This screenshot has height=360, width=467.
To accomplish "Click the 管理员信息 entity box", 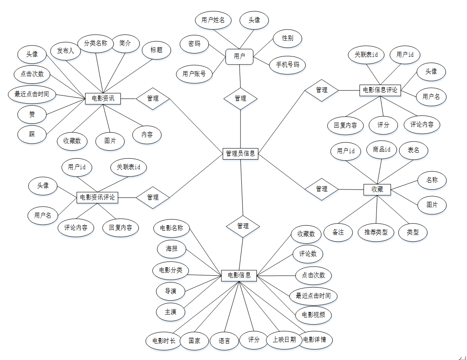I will pos(240,154).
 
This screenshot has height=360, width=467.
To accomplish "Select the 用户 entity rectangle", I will pos(239,56).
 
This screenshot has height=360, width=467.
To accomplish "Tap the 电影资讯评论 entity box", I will pos(97,197).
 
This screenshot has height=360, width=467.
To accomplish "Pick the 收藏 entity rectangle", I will pos(377,189).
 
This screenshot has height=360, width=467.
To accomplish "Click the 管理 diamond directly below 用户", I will pos(240,98).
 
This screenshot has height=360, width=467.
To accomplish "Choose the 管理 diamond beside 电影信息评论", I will pos(322,90).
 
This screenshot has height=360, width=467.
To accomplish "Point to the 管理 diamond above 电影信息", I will pos(243,226).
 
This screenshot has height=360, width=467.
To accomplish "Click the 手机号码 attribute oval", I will pos(288,65).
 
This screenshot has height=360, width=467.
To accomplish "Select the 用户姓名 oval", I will pos(213,20).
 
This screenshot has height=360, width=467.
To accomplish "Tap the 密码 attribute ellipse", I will pos(195,43).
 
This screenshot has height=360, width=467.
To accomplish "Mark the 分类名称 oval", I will pos(96,43).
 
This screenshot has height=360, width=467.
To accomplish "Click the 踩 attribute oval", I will pos(32,134).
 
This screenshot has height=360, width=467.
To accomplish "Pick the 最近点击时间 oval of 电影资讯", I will pos(32,94).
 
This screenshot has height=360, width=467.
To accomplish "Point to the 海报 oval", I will pos(171,249).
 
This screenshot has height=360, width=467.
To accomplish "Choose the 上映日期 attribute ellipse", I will pos(284,340).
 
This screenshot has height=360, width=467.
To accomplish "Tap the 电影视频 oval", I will pos(313,315).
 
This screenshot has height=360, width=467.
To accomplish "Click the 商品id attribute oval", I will pos(382,149).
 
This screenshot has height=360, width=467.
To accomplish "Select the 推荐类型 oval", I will pos(376,232).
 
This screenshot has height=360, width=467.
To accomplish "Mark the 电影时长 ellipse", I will pos(164,341).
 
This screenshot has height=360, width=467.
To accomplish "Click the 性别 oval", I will pos(288,38).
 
